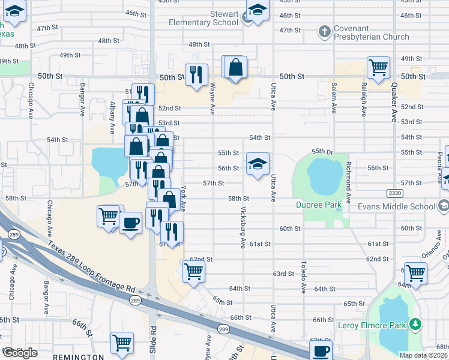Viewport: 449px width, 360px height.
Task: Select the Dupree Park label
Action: (318, 205)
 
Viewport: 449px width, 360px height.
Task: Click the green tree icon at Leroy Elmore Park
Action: (415, 325)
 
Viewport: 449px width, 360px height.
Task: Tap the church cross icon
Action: (324, 31)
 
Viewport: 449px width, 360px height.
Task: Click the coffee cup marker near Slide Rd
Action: (130, 223)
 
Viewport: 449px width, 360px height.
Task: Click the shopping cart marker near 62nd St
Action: (193, 271)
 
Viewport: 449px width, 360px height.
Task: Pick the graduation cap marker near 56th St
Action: (258, 164)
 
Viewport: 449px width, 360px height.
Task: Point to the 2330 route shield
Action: (394, 193)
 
